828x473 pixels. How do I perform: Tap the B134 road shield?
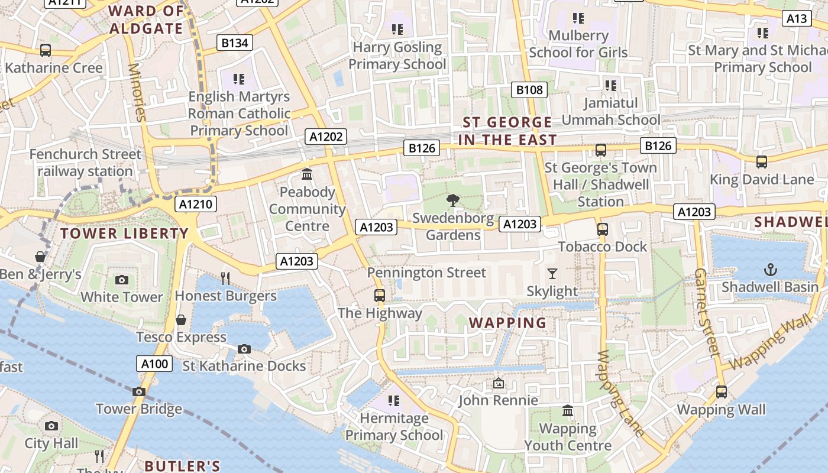tap(235, 43)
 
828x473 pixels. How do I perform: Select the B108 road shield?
tap(529, 90)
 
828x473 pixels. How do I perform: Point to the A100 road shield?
tap(155, 364)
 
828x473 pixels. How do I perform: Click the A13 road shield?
tap(797, 19)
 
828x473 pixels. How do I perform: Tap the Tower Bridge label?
tap(139, 409)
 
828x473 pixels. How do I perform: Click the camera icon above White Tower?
tap(122, 280)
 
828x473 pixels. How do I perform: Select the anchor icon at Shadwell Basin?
tap(770, 270)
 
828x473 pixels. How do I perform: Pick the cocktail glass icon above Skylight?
tap(552, 273)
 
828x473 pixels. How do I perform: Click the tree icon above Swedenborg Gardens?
tap(453, 200)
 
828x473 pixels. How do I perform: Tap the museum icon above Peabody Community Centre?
tap(307, 174)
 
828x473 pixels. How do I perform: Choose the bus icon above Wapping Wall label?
tap(721, 391)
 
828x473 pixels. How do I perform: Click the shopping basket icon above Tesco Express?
tap(181, 320)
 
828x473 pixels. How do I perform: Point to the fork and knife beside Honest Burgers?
tap(225, 278)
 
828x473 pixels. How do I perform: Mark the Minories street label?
tap(137, 92)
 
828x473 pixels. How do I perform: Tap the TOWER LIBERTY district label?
tap(124, 234)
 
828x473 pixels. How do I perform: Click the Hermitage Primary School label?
tap(394, 427)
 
